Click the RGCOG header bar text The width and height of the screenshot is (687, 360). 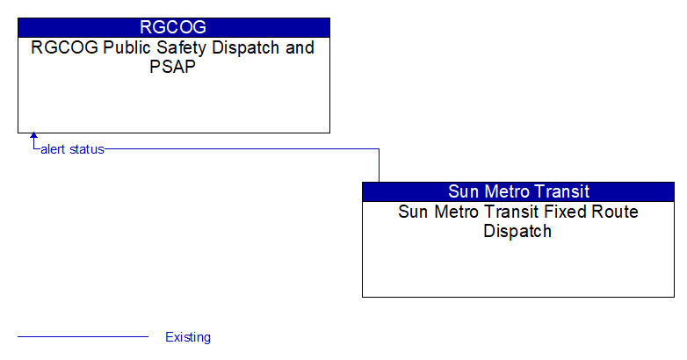[173, 27]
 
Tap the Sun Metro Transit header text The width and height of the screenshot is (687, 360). [518, 191]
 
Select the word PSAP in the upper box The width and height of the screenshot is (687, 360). [172, 67]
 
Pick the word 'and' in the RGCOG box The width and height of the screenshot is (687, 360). [300, 47]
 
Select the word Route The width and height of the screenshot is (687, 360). [615, 212]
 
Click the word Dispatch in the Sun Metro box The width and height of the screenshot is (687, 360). [517, 231]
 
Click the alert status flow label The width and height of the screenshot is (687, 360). [72, 149]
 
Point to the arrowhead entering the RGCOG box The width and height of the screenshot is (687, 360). [33, 135]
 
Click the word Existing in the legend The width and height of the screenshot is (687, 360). [188, 337]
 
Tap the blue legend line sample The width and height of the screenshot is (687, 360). [83, 337]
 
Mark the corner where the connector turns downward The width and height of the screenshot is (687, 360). [379, 149]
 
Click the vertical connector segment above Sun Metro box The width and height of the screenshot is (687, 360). [379, 166]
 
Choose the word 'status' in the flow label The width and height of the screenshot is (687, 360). [87, 149]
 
